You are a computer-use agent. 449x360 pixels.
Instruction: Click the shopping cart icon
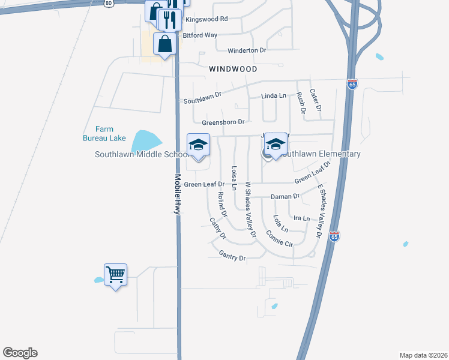[115, 275]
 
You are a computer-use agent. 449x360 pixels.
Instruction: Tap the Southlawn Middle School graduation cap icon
[199, 145]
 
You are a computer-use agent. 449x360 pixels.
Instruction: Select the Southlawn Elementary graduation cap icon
[276, 145]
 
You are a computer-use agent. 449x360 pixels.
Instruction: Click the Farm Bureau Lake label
[104, 133]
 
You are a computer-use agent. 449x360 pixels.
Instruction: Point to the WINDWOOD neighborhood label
[233, 70]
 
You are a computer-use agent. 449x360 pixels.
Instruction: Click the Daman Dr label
[285, 196]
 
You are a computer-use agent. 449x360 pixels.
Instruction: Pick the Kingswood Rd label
[206, 19]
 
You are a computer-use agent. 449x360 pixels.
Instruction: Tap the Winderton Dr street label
[246, 50]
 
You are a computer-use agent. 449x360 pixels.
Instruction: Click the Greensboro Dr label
[223, 122]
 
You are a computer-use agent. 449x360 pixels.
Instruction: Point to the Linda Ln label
[274, 96]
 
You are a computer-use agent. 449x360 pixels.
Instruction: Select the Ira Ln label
[302, 218]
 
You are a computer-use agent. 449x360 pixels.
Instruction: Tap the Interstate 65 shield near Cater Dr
[352, 85]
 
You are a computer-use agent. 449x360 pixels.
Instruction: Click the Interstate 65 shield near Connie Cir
[334, 236]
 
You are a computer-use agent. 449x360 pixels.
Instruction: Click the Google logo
[20, 353]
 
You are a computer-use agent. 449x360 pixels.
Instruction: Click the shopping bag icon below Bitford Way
[164, 44]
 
